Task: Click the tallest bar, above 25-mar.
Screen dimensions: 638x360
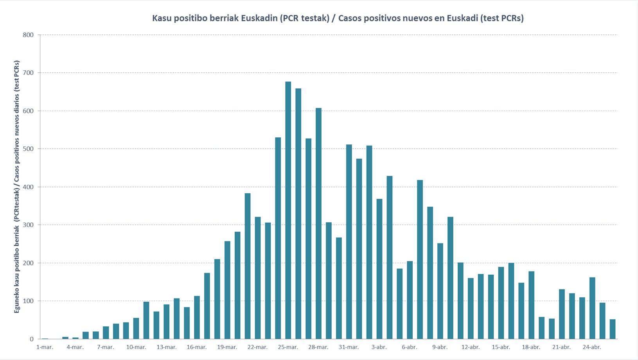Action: [288, 210]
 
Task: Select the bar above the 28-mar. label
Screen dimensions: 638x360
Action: [318, 223]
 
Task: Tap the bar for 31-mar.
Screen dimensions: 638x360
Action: [349, 242]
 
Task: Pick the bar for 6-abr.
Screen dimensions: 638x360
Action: [410, 300]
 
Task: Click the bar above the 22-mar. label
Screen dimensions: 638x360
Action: [258, 278]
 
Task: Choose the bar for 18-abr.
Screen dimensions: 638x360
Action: [532, 305]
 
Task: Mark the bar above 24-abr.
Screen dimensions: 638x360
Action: [592, 308]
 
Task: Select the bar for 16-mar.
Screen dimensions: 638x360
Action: [197, 318]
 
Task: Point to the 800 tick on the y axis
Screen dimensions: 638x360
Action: [28, 35]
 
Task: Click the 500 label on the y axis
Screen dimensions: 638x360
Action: [28, 149]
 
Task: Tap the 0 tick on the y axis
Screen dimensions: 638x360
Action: [32, 339]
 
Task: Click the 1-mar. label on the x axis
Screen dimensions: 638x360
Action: [45, 347]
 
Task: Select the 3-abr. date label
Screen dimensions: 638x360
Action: [379, 347]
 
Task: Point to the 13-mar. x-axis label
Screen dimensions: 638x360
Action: [167, 347]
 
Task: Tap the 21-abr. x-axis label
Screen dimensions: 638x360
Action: [561, 347]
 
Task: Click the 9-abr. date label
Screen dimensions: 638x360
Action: [440, 347]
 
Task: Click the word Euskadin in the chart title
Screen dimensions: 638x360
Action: [259, 18]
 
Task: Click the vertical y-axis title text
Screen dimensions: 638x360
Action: [17, 187]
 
